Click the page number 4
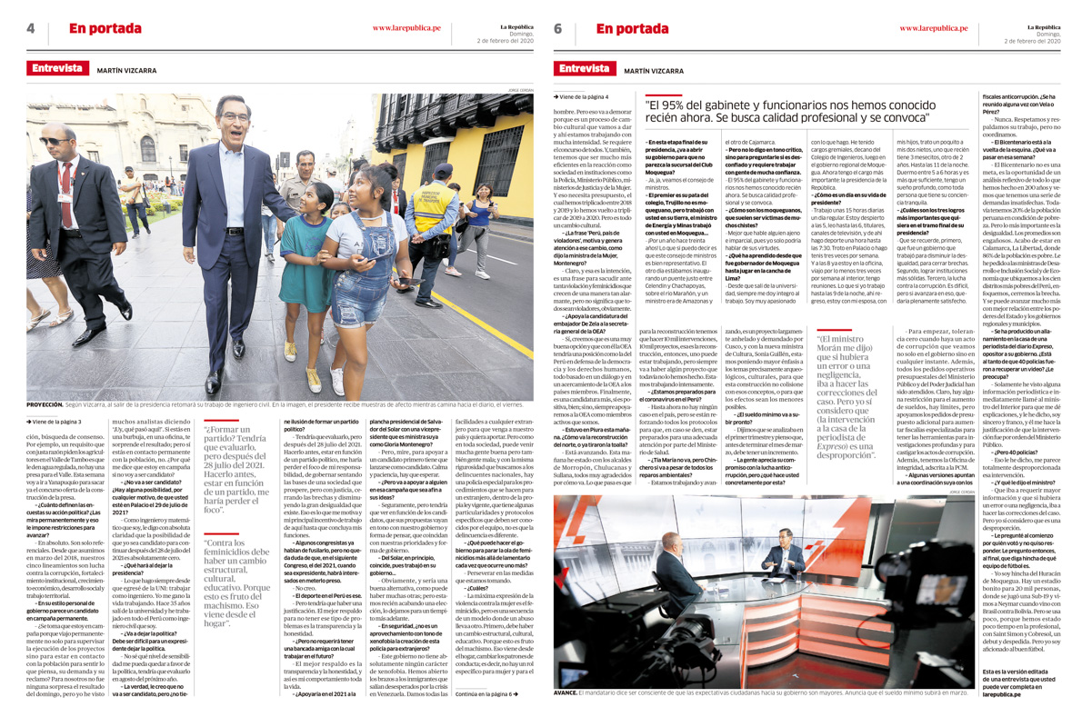[x=31, y=29]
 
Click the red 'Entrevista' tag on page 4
[x=57, y=69]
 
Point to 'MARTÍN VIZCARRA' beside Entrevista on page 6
[x=654, y=70]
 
